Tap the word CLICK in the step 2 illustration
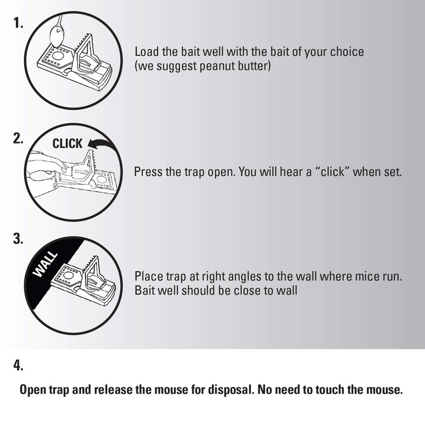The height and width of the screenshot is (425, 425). click(x=67, y=144)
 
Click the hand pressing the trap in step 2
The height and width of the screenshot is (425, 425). click(x=45, y=164)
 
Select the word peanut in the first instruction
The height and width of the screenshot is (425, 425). click(x=218, y=67)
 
